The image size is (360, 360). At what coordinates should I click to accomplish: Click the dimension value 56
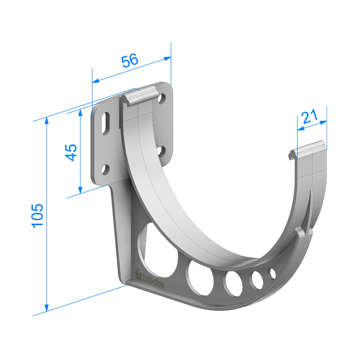(x=130, y=61)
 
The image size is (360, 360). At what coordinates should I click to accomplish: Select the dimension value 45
(x=71, y=152)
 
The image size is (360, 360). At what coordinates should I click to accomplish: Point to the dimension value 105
(x=37, y=216)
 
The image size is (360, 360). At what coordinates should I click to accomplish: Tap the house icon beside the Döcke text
(x=138, y=274)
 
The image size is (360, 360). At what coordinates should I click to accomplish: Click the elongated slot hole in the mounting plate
(x=106, y=123)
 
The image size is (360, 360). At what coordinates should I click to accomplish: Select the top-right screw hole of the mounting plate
(x=162, y=98)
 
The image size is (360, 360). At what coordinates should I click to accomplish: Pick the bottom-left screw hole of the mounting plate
(x=105, y=169)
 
